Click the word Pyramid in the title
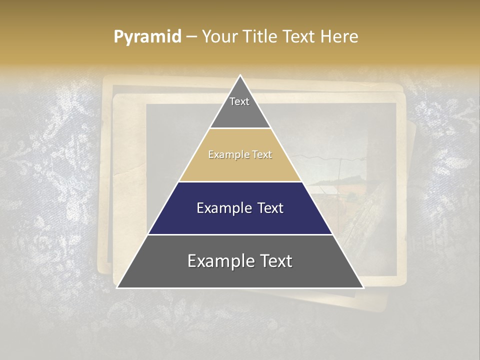tap(147, 36)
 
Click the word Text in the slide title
tap(299, 36)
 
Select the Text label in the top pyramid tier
tap(239, 101)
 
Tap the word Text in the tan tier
tap(260, 155)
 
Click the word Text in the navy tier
tap(270, 208)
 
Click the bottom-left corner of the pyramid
tap(117, 287)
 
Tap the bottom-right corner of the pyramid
tap(363, 287)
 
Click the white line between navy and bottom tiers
tap(240, 234)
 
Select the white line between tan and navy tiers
tap(240, 181)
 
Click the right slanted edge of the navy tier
tap(317, 208)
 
